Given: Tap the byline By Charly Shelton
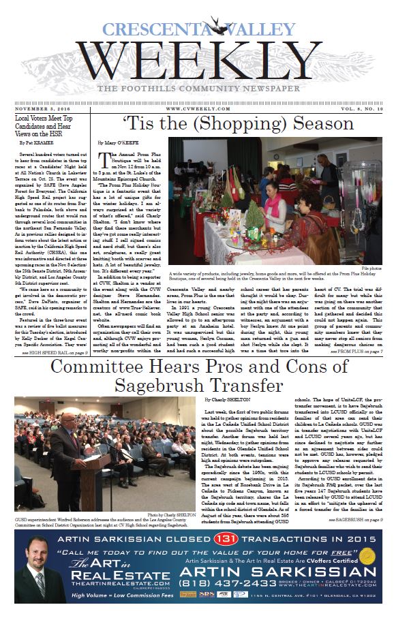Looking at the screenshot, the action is tap(223, 399).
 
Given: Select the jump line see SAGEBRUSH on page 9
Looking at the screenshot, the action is tap(354, 520).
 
